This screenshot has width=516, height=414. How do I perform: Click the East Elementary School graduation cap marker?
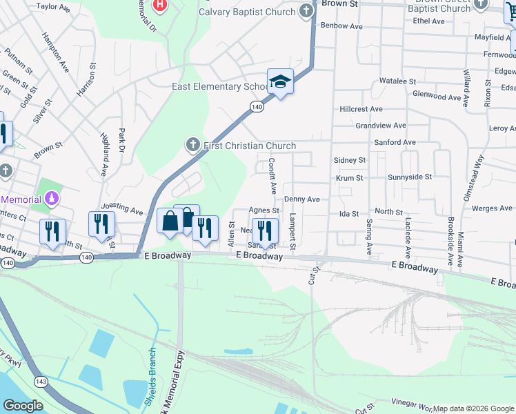click(x=281, y=83)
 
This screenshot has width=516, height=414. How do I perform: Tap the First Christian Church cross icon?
click(x=194, y=145)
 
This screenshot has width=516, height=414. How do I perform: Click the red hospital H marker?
click(x=160, y=5)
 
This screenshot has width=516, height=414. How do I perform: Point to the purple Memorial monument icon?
click(x=51, y=199)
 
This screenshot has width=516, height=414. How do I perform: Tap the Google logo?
click(x=23, y=406)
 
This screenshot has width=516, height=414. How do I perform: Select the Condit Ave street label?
click(x=272, y=175)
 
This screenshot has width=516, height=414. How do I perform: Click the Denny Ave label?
click(x=301, y=199)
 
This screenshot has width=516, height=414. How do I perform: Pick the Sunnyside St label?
click(x=409, y=177)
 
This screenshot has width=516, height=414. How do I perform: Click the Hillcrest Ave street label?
click(x=361, y=109)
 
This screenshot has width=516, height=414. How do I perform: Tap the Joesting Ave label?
click(x=121, y=207)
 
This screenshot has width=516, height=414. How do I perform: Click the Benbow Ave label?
click(x=341, y=26)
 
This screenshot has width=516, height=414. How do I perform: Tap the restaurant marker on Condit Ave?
click(x=265, y=230)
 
